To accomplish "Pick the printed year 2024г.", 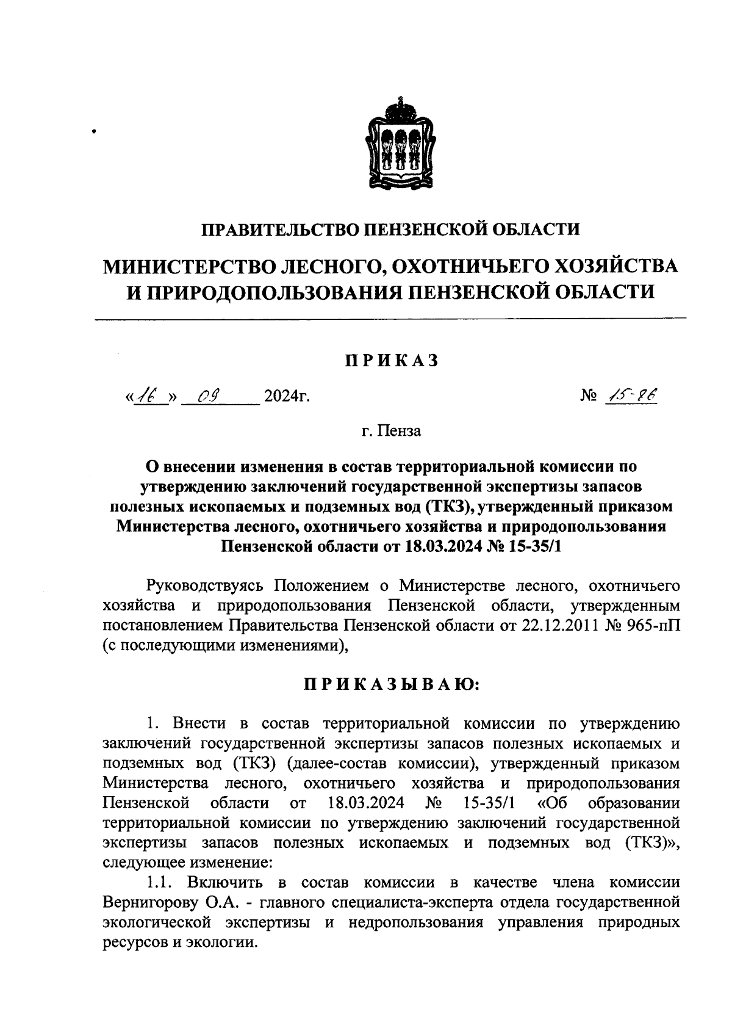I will coord(286,398).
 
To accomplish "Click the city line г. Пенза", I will coord(391,431).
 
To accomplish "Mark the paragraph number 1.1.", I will coord(160,882).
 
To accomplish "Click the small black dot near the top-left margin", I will coord(94,130).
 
